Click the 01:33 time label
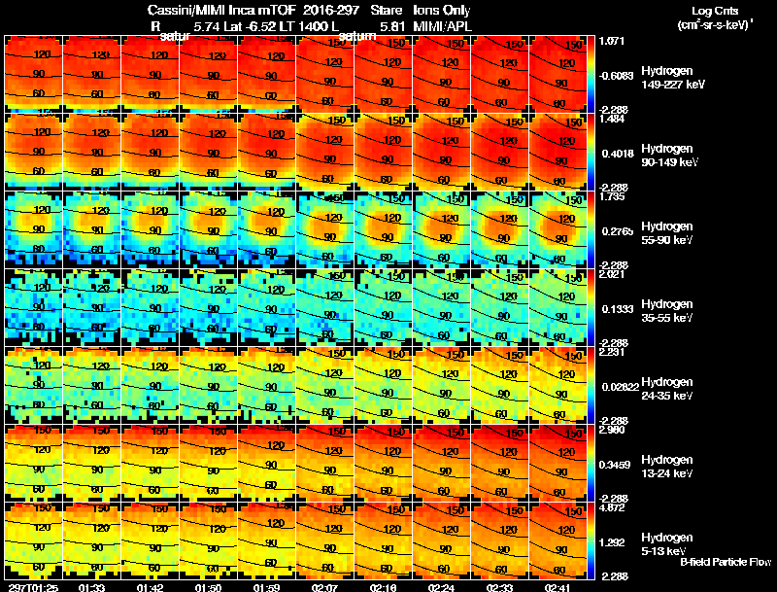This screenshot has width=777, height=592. click(x=92, y=587)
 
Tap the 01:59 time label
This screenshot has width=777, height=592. click(x=267, y=587)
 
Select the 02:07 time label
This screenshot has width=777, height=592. click(x=325, y=587)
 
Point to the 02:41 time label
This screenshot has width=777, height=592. click(x=558, y=587)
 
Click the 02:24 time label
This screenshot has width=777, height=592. click(x=442, y=587)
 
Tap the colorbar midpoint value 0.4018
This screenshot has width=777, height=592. click(x=618, y=153)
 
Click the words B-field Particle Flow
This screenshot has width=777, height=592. click(x=726, y=562)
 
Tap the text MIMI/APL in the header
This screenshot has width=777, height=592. click(x=442, y=26)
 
